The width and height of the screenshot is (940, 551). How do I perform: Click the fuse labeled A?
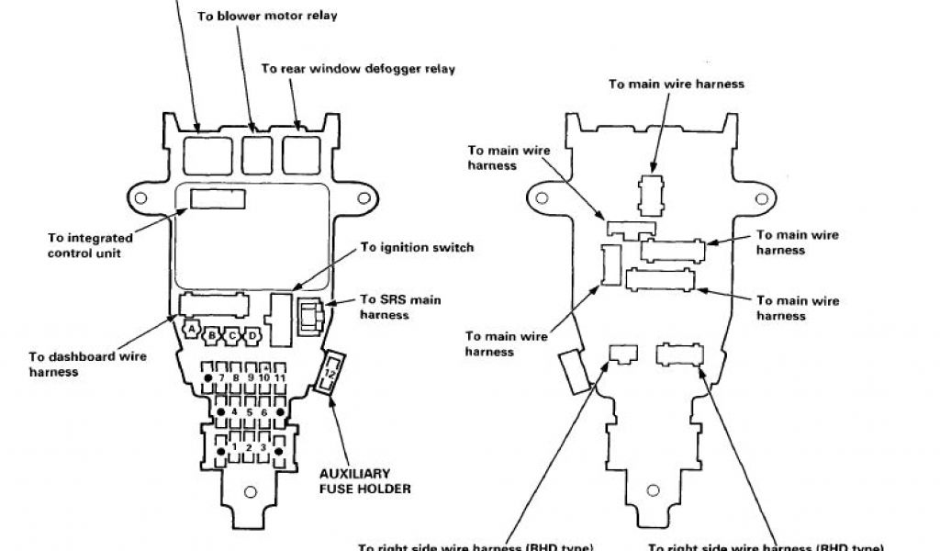pyautogui.click(x=192, y=328)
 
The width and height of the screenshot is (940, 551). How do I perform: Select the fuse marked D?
pyautogui.click(x=251, y=336)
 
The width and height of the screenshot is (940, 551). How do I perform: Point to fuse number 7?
pyautogui.click(x=223, y=377)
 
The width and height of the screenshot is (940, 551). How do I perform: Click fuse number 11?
pyautogui.click(x=278, y=377)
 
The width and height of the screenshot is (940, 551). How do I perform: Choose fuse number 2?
pyautogui.click(x=250, y=447)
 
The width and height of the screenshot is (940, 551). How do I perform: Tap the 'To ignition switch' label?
pyautogui.click(x=417, y=247)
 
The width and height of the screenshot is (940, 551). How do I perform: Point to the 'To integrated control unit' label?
pyautogui.click(x=89, y=245)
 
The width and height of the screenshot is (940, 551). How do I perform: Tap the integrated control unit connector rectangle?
pyautogui.click(x=218, y=197)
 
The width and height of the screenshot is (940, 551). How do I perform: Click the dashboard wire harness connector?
pyautogui.click(x=214, y=306)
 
